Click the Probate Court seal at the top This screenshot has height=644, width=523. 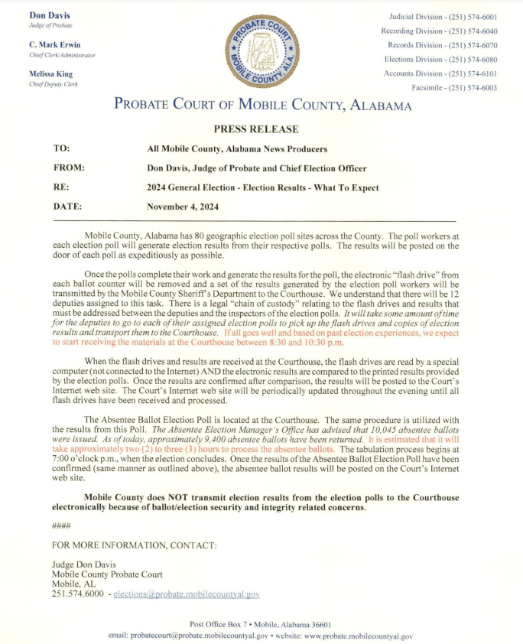click(x=261, y=51)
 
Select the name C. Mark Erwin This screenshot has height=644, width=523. click(x=54, y=44)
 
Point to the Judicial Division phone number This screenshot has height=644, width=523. click(x=443, y=16)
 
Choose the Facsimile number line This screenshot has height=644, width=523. click(x=453, y=88)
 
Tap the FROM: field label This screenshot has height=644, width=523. click(x=69, y=168)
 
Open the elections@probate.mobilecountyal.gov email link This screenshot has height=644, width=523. click(x=187, y=594)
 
